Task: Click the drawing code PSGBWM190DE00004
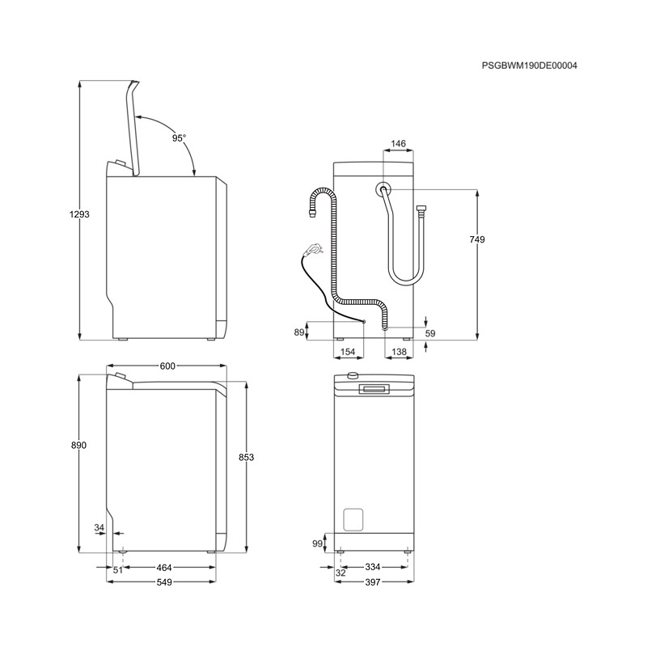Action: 530,66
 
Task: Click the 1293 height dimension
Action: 79,214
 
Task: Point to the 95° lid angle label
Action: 179,138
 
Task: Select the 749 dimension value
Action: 477,239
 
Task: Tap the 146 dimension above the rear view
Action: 398,144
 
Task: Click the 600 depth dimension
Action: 167,366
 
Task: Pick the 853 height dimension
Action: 247,457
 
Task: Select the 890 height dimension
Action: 78,446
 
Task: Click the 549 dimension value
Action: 164,582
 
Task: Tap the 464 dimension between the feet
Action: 164,568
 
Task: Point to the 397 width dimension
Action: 373,582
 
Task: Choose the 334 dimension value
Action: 373,567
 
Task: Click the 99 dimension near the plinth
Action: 317,543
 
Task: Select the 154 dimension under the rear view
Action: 348,352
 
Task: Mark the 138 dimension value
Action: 399,352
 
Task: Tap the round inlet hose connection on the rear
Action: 383,189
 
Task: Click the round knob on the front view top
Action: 353,375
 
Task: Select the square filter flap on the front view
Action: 353,519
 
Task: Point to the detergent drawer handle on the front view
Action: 374,389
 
